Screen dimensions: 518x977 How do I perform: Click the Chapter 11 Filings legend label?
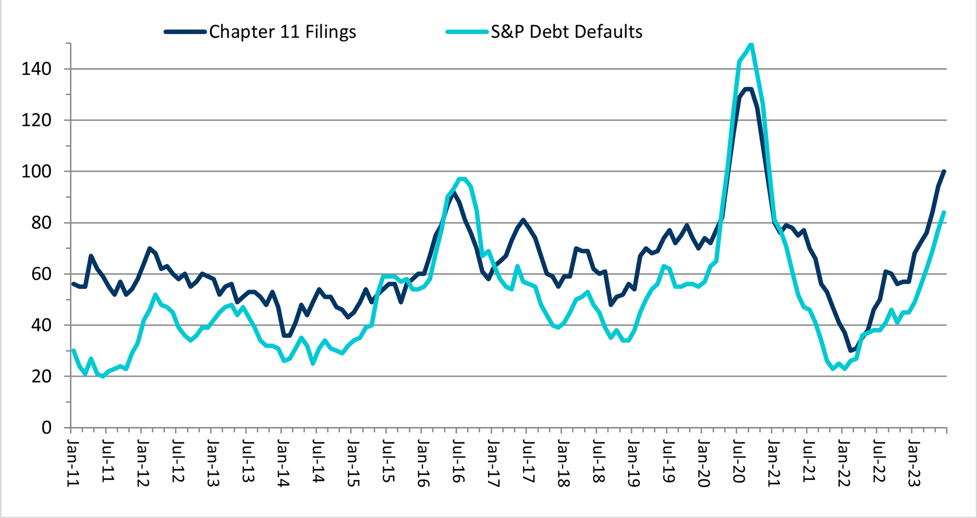[282, 32]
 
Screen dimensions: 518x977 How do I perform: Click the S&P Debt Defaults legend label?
[566, 32]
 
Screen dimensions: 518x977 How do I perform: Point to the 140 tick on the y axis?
[36, 69]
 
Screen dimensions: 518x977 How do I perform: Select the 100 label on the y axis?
[36, 171]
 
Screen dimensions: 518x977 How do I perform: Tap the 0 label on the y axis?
[46, 428]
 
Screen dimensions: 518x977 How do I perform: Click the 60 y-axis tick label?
[41, 274]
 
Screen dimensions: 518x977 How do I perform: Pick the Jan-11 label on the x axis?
[73, 463]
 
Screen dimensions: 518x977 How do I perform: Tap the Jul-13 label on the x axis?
[248, 461]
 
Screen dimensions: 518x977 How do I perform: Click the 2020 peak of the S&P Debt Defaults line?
[751, 44]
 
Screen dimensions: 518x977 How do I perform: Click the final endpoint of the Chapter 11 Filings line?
[944, 171]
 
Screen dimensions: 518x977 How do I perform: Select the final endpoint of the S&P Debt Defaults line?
[944, 212]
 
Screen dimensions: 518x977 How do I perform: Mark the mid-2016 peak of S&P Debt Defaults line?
[461, 179]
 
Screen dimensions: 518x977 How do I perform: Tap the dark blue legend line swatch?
[185, 32]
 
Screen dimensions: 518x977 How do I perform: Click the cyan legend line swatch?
[467, 32]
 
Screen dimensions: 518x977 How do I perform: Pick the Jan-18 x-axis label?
[563, 463]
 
